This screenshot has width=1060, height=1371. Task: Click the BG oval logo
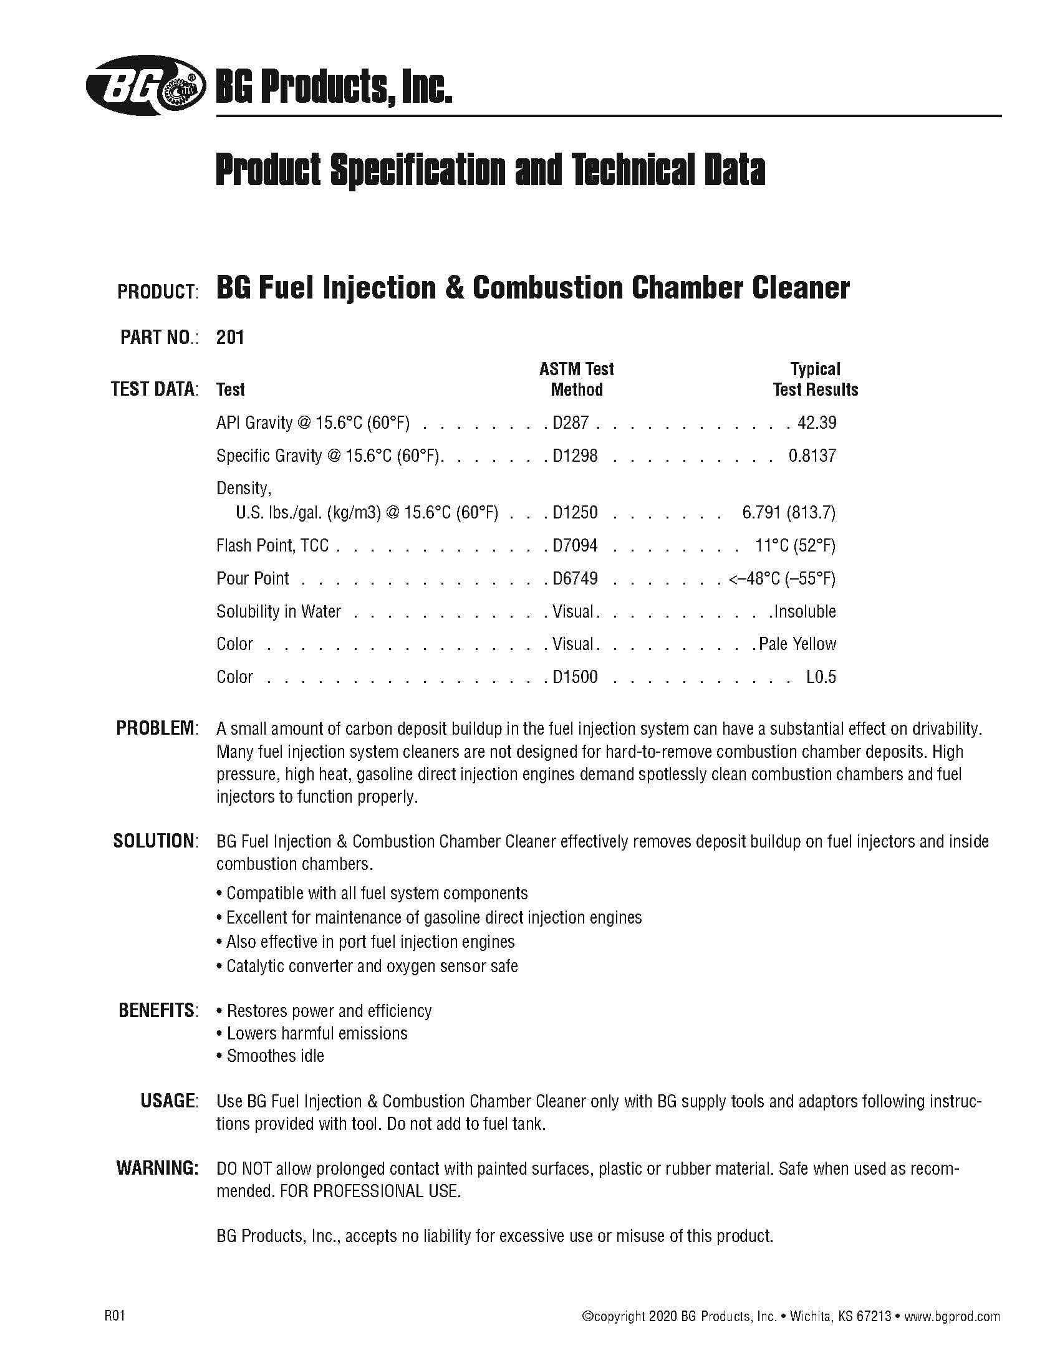[146, 85]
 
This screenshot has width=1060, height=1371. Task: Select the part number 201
[230, 337]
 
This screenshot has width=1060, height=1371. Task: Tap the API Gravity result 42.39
[816, 423]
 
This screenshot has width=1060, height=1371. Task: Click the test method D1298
[575, 455]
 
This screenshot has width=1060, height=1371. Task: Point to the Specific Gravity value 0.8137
[812, 455]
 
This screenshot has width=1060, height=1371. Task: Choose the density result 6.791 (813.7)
[788, 513]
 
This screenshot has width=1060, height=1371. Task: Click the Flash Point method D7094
[575, 545]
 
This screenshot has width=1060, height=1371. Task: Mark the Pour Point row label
[253, 578]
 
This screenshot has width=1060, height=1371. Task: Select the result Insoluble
[805, 611]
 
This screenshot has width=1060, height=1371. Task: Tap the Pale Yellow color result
[797, 644]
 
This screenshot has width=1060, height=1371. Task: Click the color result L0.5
[821, 677]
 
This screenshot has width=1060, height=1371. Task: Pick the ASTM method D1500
[575, 677]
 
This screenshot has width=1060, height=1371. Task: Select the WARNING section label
[157, 1168]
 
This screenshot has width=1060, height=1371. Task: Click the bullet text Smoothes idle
[275, 1056]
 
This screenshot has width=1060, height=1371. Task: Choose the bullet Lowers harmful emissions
[317, 1033]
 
